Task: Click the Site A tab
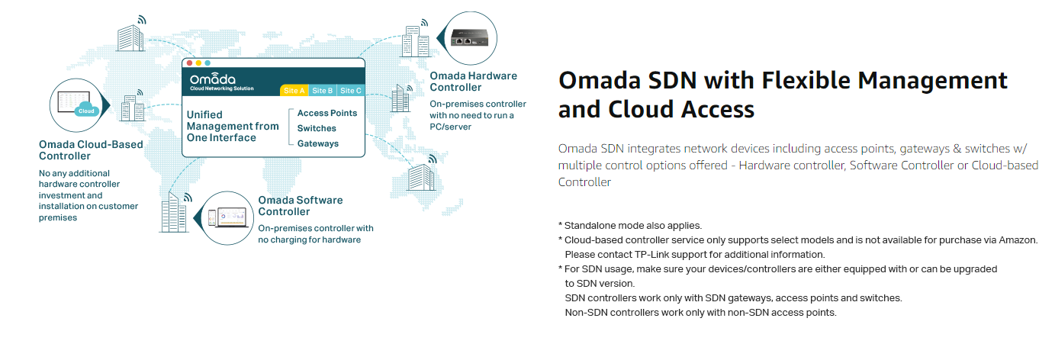click(294, 91)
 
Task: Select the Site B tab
click(323, 91)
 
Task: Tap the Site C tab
click(351, 91)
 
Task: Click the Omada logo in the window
click(213, 81)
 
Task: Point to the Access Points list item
click(327, 113)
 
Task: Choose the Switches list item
click(317, 128)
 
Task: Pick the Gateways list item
click(318, 143)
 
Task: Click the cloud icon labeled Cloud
click(86, 111)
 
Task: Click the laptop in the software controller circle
click(234, 217)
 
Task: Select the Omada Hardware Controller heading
click(473, 82)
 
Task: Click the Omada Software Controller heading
click(301, 206)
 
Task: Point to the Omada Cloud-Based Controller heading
click(91, 150)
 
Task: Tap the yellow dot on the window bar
click(198, 63)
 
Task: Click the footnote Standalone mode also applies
click(632, 225)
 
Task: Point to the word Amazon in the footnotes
click(1017, 239)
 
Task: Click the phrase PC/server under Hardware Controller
click(450, 127)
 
